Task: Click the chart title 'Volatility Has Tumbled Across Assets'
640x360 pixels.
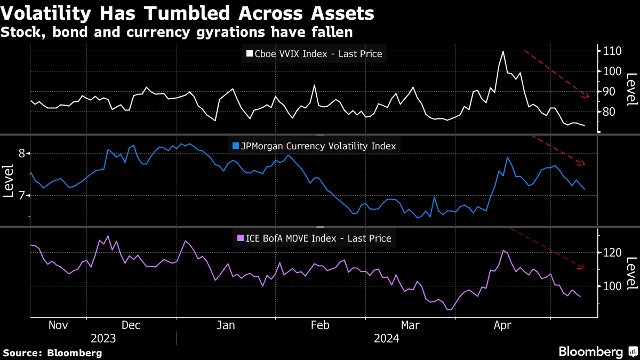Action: click(187, 13)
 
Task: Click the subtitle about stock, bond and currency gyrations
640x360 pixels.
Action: click(177, 32)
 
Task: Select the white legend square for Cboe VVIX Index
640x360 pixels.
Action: click(249, 54)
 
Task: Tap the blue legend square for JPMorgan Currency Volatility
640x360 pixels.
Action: click(236, 146)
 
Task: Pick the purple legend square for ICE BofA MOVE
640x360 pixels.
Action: click(240, 238)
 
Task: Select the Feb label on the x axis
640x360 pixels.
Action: click(319, 325)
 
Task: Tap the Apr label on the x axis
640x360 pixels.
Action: click(503, 325)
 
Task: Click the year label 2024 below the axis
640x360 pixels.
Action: click(386, 338)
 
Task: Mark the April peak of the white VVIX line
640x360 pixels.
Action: click(503, 52)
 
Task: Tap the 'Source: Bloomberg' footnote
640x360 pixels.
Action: click(52, 353)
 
